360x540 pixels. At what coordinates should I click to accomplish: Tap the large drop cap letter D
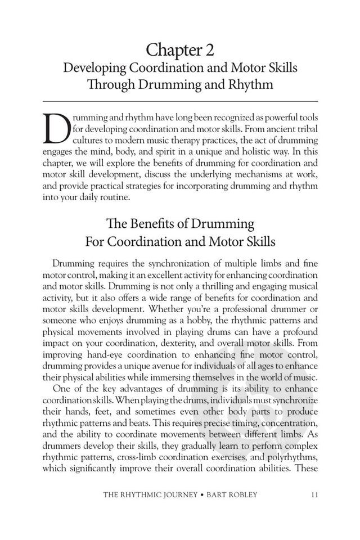[56, 129]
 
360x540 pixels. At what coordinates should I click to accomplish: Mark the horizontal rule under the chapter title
[180, 101]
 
